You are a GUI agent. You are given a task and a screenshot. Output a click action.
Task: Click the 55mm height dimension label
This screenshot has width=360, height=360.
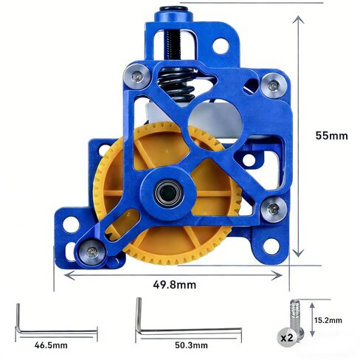331,136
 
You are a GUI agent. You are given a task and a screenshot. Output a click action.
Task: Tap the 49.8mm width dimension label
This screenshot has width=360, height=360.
175,285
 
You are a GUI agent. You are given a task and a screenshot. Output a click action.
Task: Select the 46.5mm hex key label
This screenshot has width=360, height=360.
51,345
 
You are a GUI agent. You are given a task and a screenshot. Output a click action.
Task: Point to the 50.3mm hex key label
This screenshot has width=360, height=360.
191,345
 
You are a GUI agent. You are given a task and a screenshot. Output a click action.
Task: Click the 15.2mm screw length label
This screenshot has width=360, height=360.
328,320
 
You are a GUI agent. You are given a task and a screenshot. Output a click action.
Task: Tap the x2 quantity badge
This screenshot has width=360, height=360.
287,337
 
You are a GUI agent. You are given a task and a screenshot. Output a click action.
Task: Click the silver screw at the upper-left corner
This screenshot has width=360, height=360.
137,76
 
